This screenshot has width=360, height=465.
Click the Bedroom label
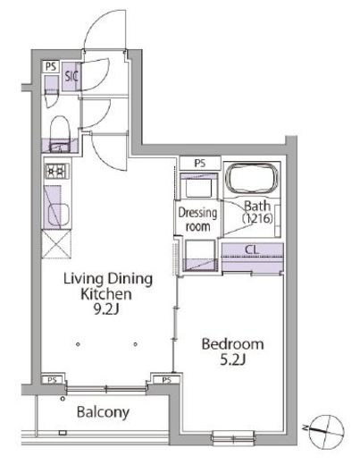232,344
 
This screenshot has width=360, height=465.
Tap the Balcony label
103,412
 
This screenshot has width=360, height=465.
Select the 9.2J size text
106,309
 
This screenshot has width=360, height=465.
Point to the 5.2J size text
232,360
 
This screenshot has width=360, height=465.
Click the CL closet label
252,249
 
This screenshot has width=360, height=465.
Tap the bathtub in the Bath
252,180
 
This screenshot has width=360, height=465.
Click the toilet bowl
60,132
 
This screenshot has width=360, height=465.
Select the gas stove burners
56,172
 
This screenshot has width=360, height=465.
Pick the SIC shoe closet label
71,76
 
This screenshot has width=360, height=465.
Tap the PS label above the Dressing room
200,163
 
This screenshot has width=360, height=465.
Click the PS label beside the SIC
51,66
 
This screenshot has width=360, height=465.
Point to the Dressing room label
197,219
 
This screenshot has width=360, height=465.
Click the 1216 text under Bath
257,219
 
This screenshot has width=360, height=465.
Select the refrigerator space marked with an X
56,244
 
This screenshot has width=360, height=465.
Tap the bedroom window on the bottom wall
233,438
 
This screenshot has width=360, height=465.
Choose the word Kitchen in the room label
106,294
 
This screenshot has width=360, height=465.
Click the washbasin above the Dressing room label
198,188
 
